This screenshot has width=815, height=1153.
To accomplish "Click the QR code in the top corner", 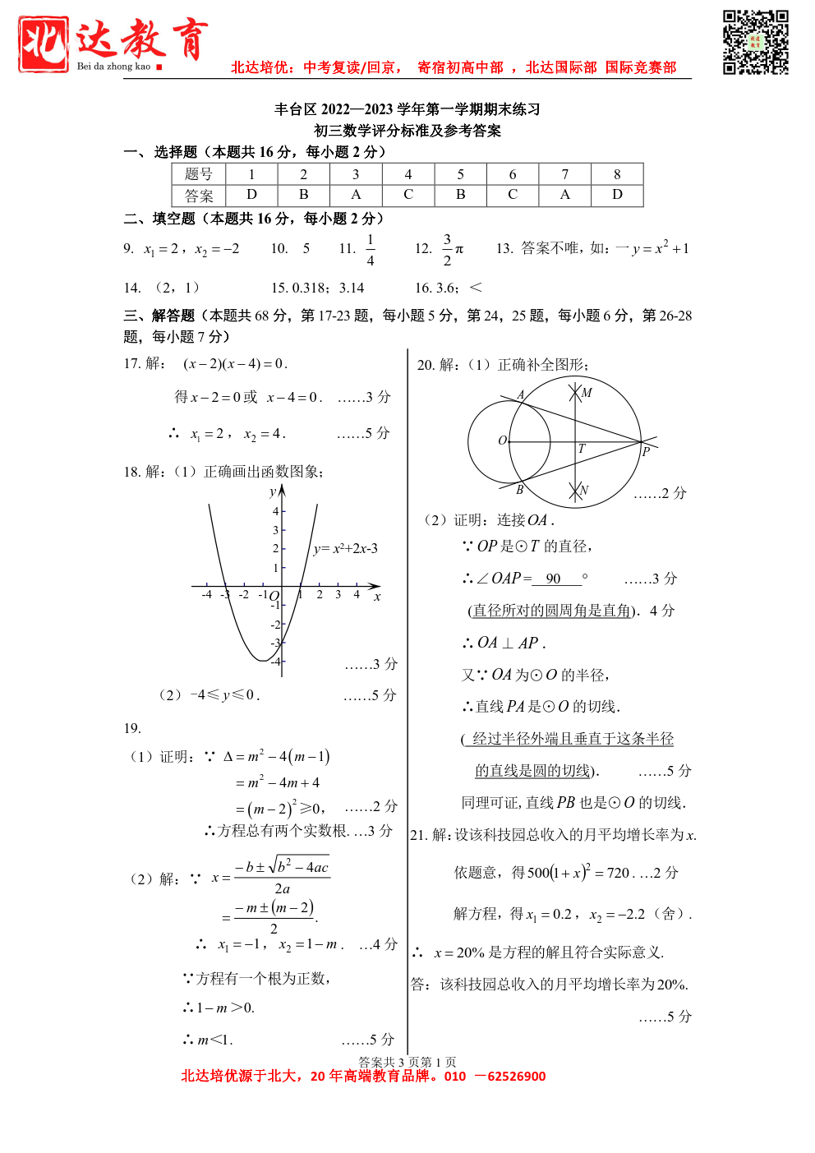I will point(755,42).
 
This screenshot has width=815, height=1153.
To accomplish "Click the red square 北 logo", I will point(44,44).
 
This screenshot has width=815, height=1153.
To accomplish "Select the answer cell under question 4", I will point(408,195).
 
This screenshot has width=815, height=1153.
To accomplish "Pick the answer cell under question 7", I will point(564,195).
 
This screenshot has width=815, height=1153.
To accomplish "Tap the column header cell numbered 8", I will point(617,174).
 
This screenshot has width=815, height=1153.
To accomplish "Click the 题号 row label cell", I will point(199,174).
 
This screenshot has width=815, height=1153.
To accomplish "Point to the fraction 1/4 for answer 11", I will point(371,249).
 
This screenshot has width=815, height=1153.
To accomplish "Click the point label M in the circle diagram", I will point(587,393).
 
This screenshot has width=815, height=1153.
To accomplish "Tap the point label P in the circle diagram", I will point(646,451).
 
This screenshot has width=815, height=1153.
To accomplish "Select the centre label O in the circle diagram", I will point(502,440).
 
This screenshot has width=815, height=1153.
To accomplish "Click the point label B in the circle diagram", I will point(519,490).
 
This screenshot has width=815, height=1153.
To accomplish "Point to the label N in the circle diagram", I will point(584,490).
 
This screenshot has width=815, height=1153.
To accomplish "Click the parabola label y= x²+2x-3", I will point(345,548).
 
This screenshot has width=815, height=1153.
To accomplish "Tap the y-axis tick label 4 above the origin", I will point(276,511).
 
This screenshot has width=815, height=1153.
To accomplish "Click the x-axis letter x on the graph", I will point(377,597).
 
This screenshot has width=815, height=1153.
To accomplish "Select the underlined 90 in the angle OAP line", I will point(554,579).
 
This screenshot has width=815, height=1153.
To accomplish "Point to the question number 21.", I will point(418,835).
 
